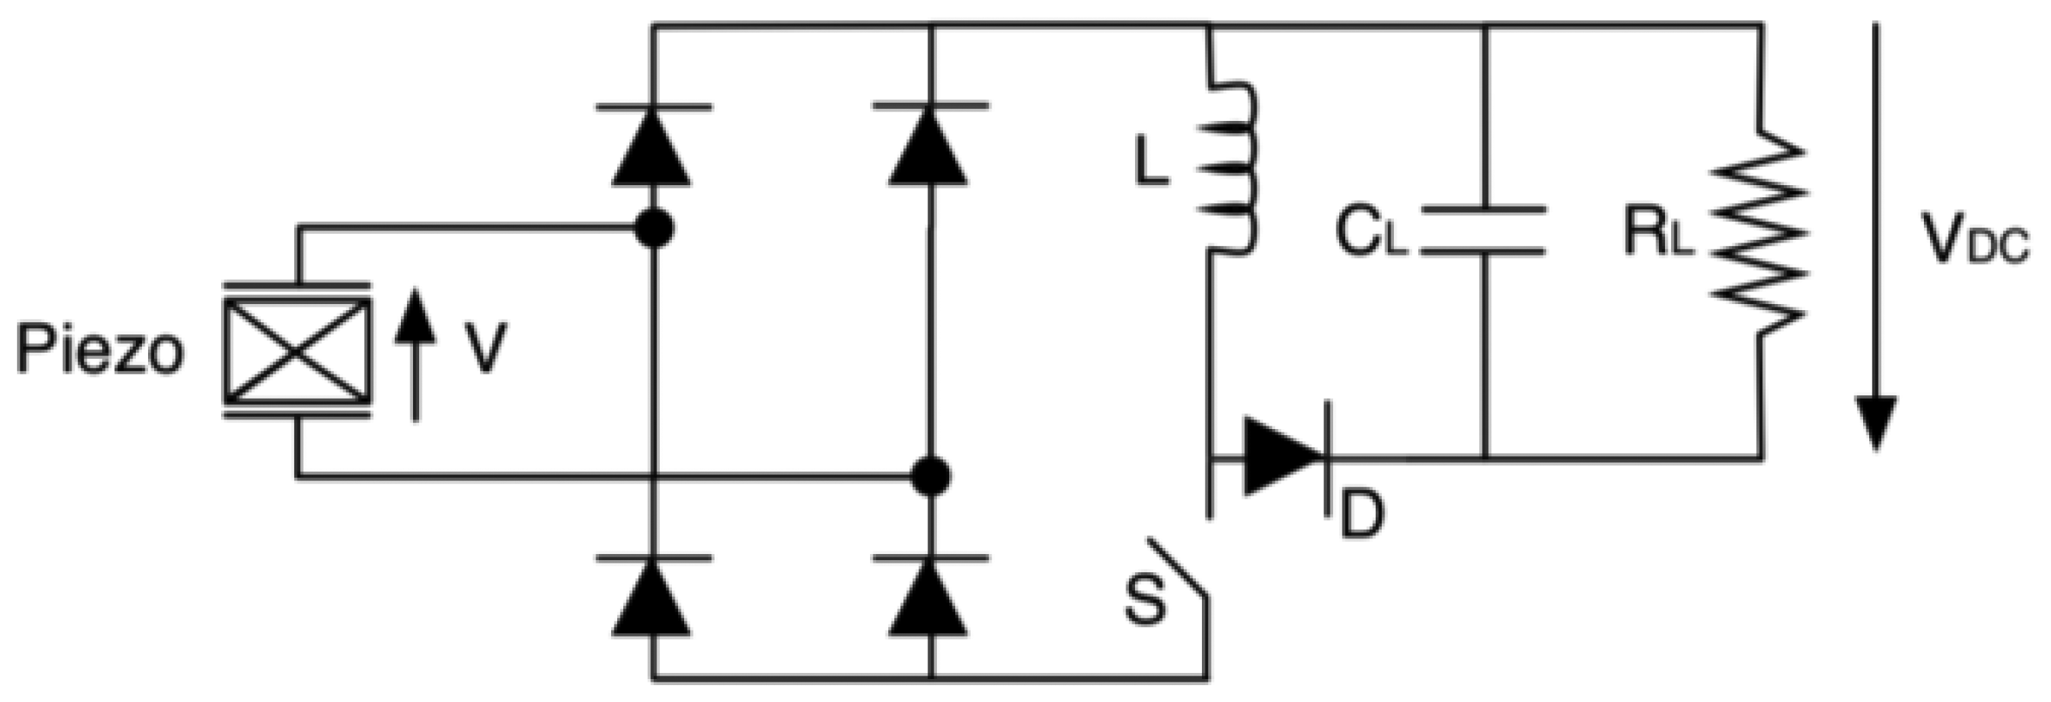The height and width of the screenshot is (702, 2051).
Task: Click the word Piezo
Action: click(100, 350)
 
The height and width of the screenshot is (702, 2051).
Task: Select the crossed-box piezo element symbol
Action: click(297, 350)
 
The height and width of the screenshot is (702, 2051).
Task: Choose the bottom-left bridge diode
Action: click(652, 601)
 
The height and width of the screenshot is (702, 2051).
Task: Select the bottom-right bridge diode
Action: click(929, 601)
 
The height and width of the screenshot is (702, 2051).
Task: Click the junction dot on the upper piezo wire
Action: click(654, 229)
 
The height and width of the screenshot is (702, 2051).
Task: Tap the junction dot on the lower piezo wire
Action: click(930, 476)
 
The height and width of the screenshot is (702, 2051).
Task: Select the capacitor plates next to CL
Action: click(1483, 231)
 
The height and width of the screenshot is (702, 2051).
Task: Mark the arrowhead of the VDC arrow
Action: click(1877, 422)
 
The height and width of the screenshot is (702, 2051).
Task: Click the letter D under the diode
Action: click(1361, 515)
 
